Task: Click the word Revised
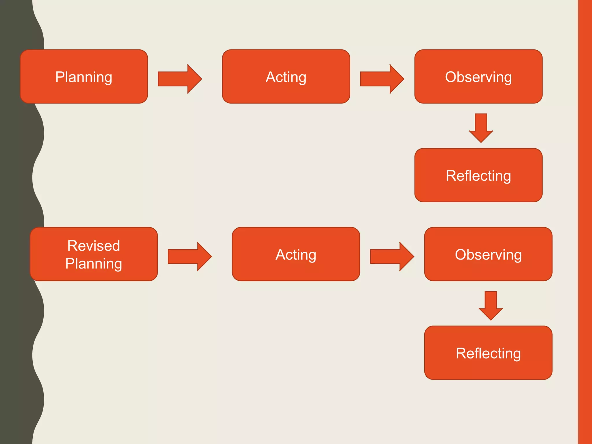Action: (94, 246)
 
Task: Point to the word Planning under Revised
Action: (94, 264)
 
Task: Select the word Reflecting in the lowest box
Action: (488, 353)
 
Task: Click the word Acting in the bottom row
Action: (296, 255)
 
